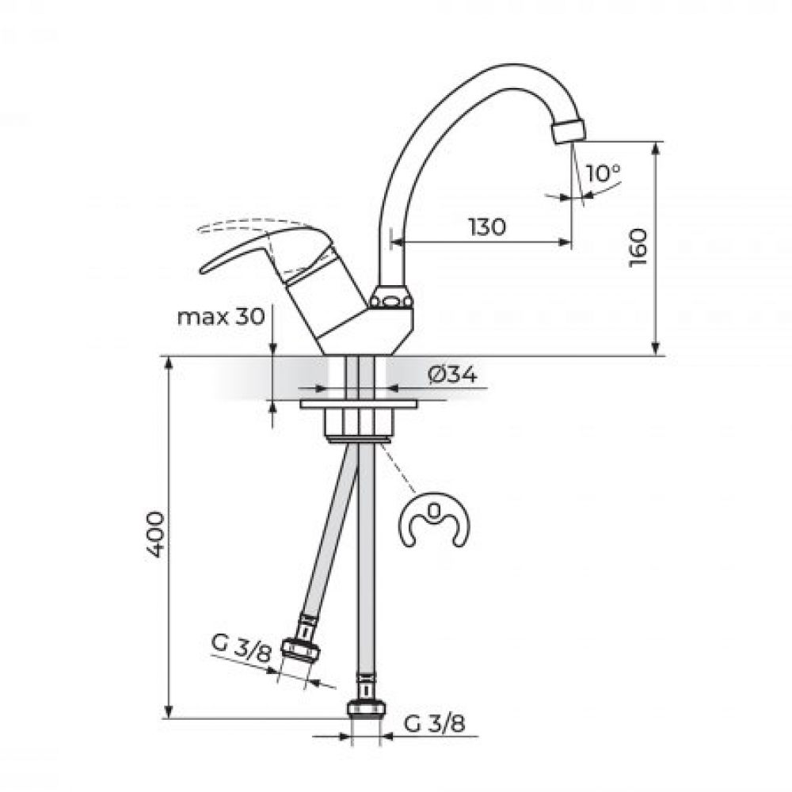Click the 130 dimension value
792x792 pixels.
point(485,227)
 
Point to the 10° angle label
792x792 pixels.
point(604,172)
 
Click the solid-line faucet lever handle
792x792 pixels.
point(238,252)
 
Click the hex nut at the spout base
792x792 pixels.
point(392,299)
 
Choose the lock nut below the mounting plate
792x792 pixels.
point(359,425)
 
